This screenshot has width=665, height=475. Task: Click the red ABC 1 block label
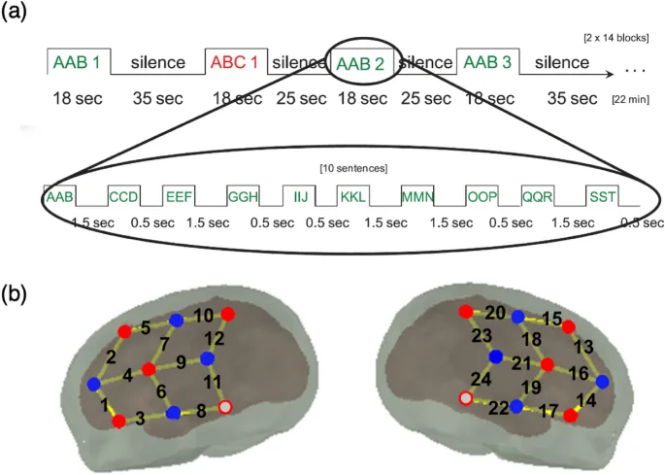coord(234,63)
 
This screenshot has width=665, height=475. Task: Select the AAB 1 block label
coord(77,63)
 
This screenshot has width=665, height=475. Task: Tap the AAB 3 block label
coord(486,63)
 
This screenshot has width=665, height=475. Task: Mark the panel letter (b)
coord(21,292)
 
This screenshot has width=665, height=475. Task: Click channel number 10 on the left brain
coord(204,316)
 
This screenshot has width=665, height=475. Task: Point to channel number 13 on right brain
coord(584,347)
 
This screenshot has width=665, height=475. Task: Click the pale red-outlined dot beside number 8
coord(225,407)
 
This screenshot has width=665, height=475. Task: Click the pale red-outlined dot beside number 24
coord(466,399)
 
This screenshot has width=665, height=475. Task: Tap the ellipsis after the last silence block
coord(636,71)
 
